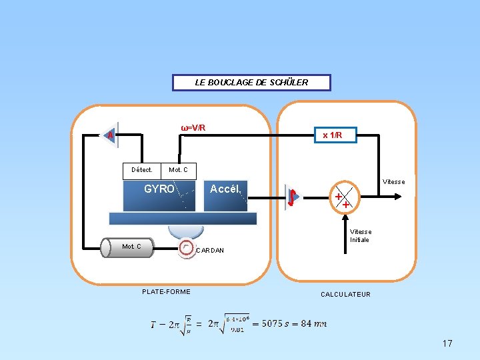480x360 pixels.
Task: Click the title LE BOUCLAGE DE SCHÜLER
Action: coord(251,83)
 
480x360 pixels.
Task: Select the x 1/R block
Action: coord(333,135)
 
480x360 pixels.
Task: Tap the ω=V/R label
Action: coord(193,127)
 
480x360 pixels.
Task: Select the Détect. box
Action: coord(142,170)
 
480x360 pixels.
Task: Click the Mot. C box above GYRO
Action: coord(178,170)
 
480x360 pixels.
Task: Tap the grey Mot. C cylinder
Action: coord(129,247)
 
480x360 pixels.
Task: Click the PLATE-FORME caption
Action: coord(166,291)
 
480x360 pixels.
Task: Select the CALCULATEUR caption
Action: coord(345,294)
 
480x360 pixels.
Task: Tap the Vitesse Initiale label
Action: coord(361,236)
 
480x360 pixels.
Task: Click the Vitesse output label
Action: coord(393,181)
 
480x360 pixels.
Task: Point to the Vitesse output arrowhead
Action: coord(398,196)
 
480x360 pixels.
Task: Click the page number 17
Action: coord(447,343)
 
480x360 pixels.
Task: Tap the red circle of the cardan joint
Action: coord(186,247)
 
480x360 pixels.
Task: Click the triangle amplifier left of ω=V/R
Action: coord(111,135)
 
